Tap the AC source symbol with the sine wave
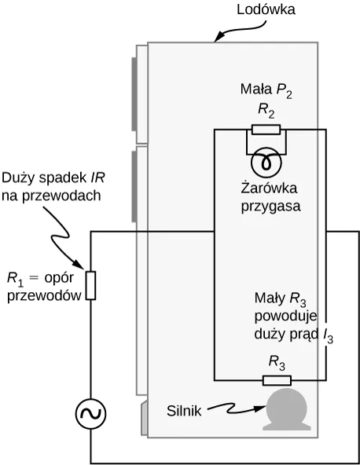(90, 414)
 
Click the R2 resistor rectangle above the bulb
(266, 130)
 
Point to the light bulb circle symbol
(266, 163)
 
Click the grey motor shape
(287, 409)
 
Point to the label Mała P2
(266, 90)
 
